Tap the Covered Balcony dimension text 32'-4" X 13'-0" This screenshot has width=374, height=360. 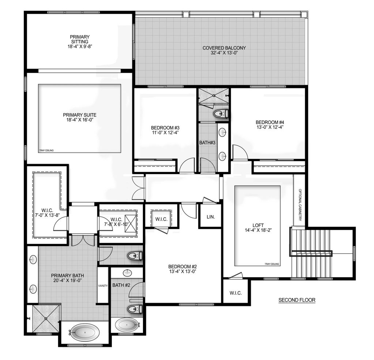pos(224,53)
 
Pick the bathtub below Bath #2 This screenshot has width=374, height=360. pos(127,325)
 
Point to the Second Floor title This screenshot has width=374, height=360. pos(297,300)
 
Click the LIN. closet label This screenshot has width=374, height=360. pos(211,217)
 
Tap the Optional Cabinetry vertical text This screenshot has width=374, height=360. pos(300,205)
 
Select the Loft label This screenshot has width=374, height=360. pos(258,225)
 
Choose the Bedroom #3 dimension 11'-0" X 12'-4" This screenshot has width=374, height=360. pos(165,133)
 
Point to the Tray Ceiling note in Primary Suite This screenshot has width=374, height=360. pos(46,150)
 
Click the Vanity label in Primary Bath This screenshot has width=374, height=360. pos(103,286)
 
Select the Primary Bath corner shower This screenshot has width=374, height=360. pos(46,318)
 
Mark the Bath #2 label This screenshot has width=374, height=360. pos(121,285)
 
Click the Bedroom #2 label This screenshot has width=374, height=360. pos(182,267)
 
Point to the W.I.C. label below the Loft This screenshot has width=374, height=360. pos(236,293)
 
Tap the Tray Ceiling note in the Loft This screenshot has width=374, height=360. pos(272,264)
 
